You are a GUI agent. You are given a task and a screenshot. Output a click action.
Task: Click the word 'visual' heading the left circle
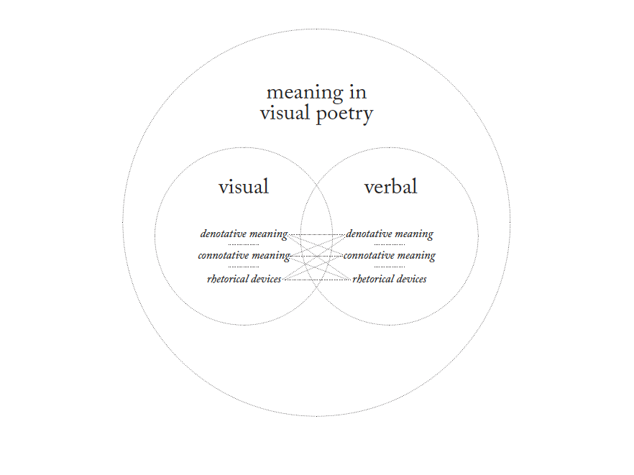[244, 188]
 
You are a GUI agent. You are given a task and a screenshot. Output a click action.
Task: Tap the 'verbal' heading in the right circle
[390, 188]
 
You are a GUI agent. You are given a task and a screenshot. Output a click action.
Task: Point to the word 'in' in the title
[359, 93]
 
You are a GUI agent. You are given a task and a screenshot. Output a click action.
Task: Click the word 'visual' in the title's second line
[282, 114]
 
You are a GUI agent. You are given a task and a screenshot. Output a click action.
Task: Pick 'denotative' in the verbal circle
[369, 234]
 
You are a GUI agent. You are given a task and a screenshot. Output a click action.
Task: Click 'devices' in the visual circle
[267, 279]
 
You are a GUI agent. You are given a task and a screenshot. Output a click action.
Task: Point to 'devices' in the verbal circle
[412, 279]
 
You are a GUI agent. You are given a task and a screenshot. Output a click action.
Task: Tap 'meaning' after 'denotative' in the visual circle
[269, 234]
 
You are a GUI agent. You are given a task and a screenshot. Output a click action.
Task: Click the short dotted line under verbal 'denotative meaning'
[389, 245]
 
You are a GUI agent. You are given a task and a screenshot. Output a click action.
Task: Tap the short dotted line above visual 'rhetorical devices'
[244, 267]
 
